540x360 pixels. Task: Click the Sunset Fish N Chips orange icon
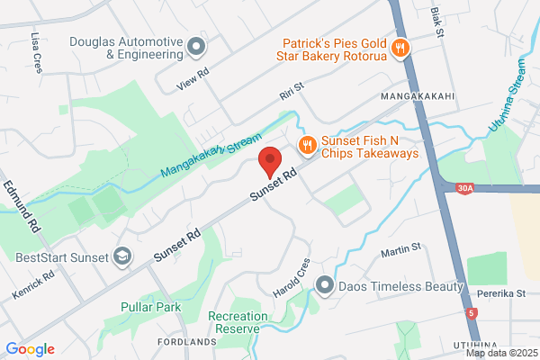[x=307, y=145]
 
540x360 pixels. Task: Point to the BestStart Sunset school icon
[x=119, y=256]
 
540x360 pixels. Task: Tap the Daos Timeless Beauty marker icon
[x=324, y=286]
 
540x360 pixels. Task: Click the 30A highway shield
[x=463, y=189]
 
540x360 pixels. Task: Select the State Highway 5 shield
[x=474, y=312]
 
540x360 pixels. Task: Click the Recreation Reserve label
[x=238, y=322]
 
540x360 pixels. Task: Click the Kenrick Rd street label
[x=33, y=284]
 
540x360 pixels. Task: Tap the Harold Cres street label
[x=291, y=279]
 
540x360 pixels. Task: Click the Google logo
[x=31, y=349]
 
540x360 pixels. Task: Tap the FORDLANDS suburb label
[x=187, y=343]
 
